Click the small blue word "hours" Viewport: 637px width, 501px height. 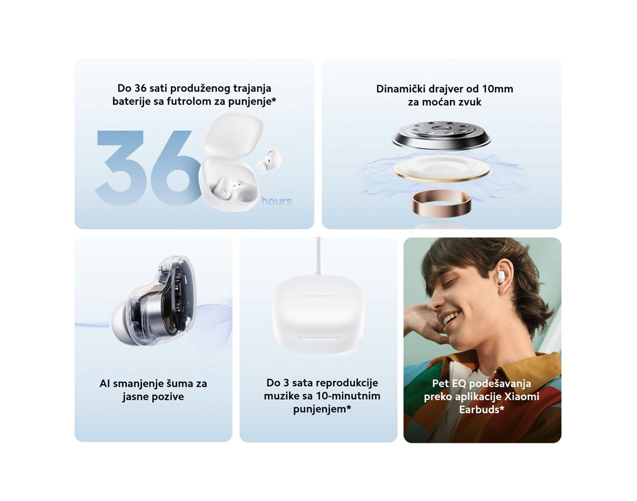point(277,201)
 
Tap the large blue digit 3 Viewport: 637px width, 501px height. point(121,167)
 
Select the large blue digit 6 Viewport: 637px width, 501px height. point(174,167)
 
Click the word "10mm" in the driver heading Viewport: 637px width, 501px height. point(497,89)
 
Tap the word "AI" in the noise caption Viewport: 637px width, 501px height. point(105,384)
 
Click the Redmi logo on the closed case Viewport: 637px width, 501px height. point(318,294)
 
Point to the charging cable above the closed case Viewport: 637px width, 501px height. point(318,256)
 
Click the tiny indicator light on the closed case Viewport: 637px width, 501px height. point(318,346)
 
